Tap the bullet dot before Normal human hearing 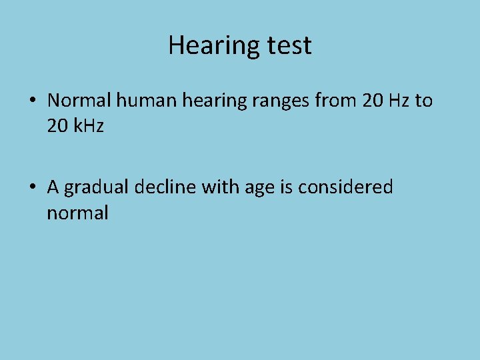[33, 101]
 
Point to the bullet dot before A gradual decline [33, 188]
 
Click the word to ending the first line [424, 101]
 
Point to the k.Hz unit [89, 125]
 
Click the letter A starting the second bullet [53, 187]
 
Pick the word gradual [97, 188]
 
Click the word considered [346, 187]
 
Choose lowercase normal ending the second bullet [77, 213]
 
